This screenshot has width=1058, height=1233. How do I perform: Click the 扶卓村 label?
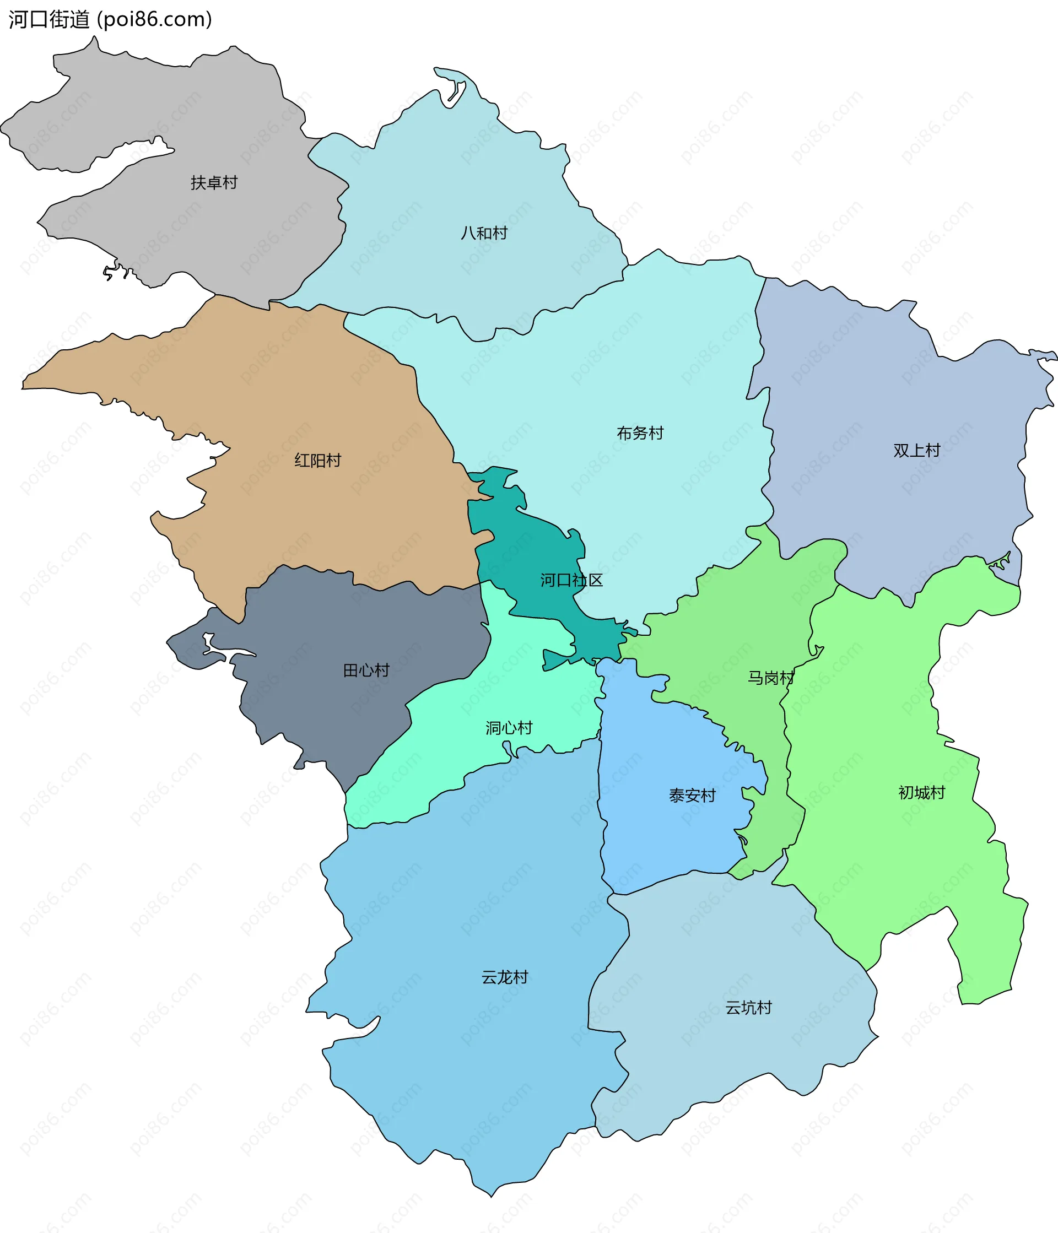coord(214,183)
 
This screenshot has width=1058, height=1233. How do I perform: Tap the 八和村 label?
coord(484,232)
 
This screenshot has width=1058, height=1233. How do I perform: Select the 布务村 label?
coord(640,432)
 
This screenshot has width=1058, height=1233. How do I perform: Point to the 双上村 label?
coord(916,450)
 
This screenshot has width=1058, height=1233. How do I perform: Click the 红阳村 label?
coord(318,460)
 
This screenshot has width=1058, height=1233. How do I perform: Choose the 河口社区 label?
coord(571,580)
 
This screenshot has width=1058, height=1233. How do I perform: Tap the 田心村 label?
coord(366,670)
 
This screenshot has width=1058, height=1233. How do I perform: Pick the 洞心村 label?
coord(509,728)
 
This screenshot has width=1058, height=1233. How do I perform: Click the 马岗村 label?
coord(770,677)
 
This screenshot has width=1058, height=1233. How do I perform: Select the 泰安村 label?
coord(692,795)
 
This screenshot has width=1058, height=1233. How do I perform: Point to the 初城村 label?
coord(921,792)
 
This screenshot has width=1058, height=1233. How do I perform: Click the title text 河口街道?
coord(49,20)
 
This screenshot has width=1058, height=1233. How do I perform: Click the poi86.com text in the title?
coord(155,20)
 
